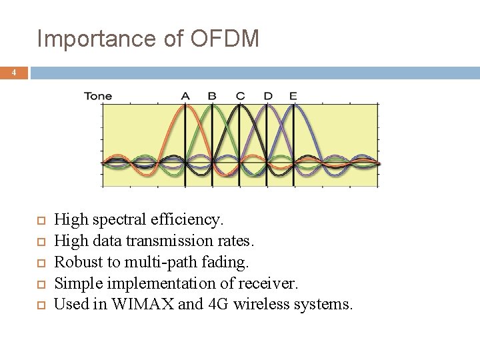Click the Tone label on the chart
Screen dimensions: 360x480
98,96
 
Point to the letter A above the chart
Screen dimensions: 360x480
185,96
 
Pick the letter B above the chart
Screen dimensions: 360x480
212,96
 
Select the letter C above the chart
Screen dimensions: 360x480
240,96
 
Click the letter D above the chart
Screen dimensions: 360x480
267,96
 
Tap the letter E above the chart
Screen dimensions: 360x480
293,96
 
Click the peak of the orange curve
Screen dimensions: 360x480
185,107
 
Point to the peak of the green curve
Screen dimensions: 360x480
212,107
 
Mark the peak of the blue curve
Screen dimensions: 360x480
293,107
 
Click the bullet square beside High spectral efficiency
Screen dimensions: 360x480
40,219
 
